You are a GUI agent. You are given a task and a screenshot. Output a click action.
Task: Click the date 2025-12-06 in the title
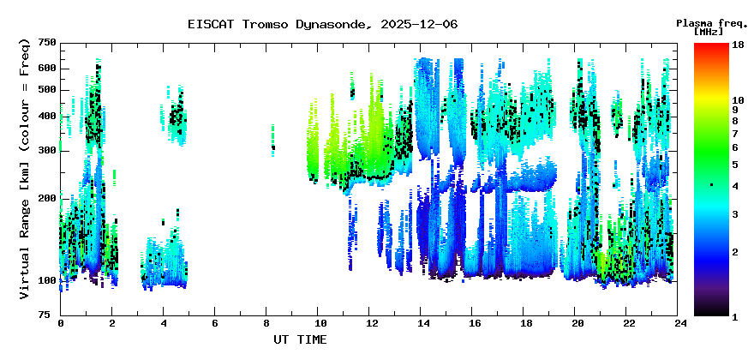(x=419, y=24)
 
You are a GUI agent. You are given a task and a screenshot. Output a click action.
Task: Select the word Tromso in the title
(x=265, y=24)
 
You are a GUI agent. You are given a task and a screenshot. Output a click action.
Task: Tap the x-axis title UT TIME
(x=300, y=339)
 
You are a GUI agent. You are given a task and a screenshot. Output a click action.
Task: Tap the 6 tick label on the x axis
(x=214, y=323)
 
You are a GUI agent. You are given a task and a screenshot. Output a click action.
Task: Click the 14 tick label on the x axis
(x=421, y=323)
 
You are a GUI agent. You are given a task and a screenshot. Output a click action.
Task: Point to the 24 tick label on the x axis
(x=678, y=323)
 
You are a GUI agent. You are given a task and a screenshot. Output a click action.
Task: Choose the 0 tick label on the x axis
(x=61, y=323)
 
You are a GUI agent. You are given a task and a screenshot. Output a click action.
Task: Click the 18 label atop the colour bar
(x=738, y=45)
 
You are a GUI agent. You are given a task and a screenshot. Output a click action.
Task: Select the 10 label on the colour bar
(x=738, y=100)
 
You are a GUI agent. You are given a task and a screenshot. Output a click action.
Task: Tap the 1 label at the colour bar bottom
(x=735, y=317)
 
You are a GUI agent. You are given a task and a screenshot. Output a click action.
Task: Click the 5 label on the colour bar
(x=735, y=165)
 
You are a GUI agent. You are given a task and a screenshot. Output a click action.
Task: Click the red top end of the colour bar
(x=711, y=45)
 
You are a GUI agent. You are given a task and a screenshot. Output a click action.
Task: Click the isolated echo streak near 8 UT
(x=273, y=141)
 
